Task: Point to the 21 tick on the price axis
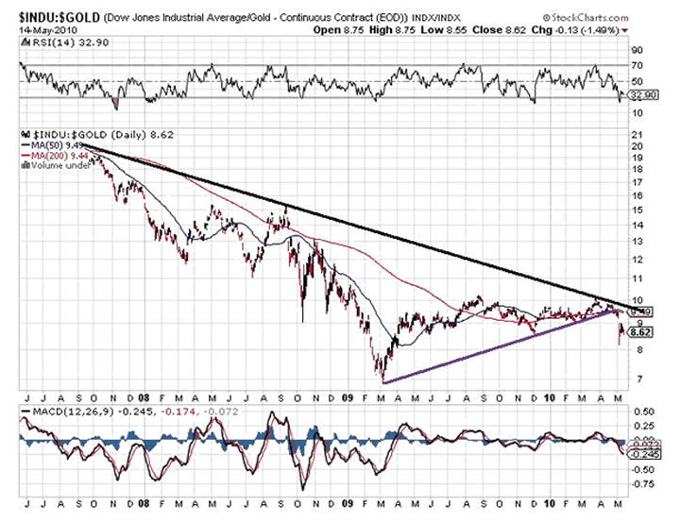637,133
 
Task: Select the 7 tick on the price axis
636,380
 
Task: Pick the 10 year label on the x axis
551,397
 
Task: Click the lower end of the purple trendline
383,381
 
